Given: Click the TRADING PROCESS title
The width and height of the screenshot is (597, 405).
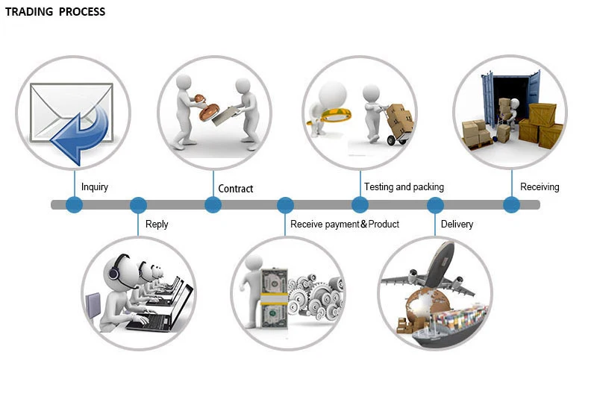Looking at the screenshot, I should point(55,12).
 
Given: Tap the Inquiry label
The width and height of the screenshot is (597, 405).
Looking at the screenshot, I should point(95,187).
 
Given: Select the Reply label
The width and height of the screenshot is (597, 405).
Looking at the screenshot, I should point(157,224).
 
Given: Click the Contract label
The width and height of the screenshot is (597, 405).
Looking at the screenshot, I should point(236,189).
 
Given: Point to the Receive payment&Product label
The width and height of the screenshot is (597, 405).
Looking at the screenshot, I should point(345,224).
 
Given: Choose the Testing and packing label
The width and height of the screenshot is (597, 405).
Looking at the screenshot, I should point(404,187).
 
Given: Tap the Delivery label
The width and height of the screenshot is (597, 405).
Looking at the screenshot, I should point(457,224).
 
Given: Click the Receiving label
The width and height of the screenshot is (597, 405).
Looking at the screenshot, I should point(540,187).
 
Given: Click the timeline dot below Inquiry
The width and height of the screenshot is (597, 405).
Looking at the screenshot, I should point(74,204).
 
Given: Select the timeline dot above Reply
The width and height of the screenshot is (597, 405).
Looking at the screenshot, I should point(138,204).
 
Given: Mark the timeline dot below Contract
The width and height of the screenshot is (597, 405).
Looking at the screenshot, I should point(213,204).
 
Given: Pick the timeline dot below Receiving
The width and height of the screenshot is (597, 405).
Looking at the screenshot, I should point(511,204).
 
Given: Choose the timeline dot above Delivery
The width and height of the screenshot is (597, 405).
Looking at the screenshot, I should point(435,204).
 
